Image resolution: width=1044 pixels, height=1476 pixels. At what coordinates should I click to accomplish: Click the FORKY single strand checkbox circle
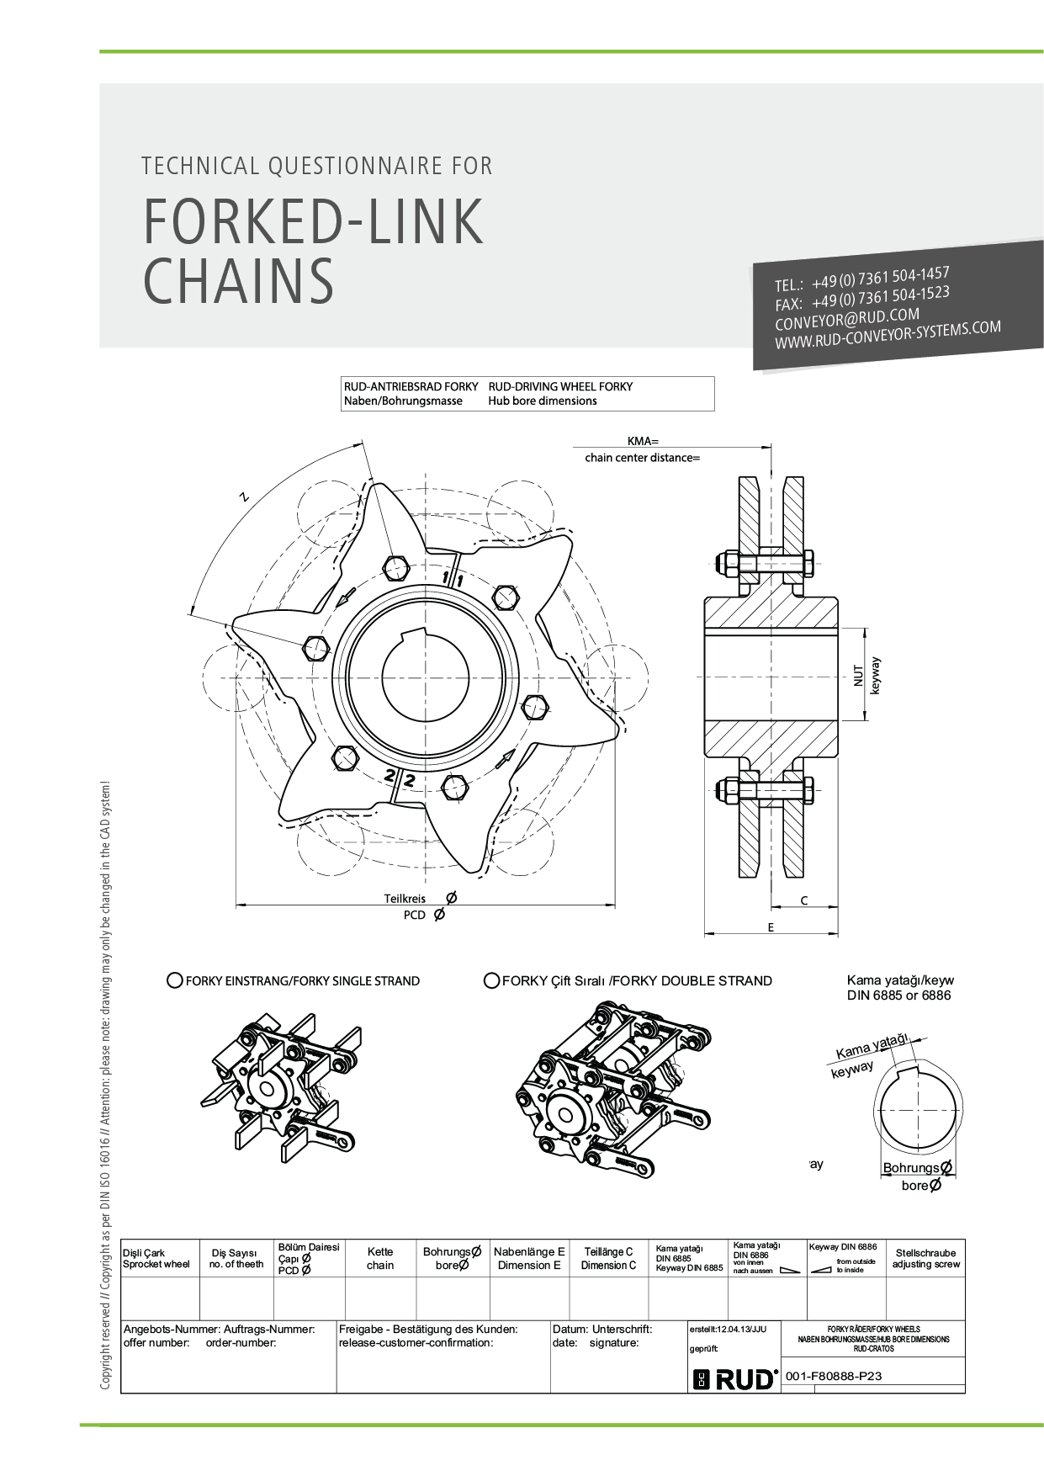175,980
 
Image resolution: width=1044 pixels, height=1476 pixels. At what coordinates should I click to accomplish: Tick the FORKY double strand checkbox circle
492,980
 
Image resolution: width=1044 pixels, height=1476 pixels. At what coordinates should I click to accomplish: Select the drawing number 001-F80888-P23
834,1377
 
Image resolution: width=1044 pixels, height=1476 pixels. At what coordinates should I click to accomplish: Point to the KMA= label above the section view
643,441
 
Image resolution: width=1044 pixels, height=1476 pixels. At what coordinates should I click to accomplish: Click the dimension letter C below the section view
804,900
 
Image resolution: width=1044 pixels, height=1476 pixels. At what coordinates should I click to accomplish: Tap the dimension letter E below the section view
771,927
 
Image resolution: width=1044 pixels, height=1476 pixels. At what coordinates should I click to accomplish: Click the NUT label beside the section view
858,676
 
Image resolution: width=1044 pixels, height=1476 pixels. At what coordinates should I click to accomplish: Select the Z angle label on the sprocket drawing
245,496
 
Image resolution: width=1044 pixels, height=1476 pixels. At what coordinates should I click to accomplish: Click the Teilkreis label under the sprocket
405,899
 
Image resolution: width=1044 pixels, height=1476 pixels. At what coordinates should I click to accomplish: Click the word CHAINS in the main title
239,281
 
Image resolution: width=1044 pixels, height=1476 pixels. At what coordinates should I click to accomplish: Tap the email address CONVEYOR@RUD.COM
847,319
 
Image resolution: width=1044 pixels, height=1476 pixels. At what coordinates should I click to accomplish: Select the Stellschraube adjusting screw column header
925,1259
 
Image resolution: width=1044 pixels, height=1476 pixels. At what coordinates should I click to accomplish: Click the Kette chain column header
380,1258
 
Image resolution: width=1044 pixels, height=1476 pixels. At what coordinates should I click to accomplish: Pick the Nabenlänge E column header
529,1258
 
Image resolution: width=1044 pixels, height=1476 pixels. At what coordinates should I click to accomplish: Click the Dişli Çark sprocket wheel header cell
156,1259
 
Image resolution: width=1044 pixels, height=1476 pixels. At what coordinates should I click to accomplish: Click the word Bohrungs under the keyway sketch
910,1168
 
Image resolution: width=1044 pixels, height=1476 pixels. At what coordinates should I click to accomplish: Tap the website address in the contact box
888,334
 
